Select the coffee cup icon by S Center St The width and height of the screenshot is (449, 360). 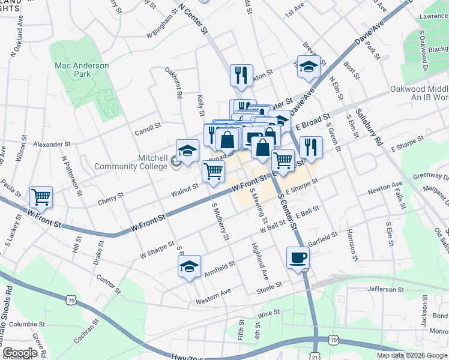click(298, 259)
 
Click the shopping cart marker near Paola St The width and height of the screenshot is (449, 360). click(41, 196)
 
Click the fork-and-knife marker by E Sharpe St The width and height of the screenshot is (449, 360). click(310, 146)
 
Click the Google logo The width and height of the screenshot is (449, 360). click(20, 353)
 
